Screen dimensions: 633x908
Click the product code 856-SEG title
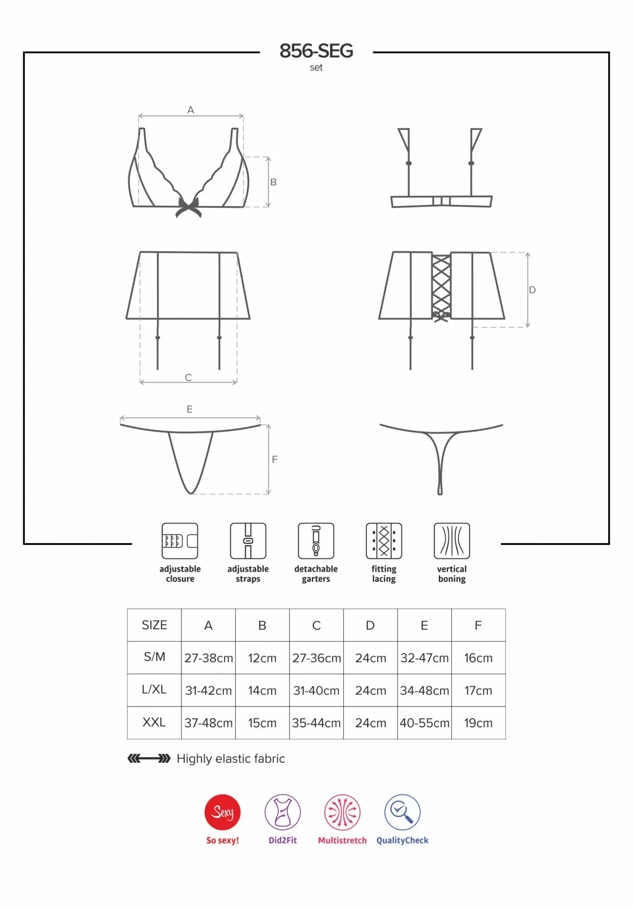pos(316,51)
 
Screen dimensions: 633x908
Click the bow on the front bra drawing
pos(189,207)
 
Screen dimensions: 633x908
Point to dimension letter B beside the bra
pos(274,182)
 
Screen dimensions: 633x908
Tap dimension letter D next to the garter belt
pos(532,290)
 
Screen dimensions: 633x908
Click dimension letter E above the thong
pos(190,409)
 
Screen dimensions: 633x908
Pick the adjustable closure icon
pos(180,541)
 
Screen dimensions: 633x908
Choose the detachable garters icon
pos(316,541)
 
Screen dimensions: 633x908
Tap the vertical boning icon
pos(452,541)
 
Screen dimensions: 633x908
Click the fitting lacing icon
pos(384,541)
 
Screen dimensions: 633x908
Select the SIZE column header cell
pos(154,625)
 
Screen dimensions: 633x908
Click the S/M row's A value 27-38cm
pos(208,658)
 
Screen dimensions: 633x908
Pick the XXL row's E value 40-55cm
pos(424,723)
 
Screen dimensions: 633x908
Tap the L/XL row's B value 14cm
pos(262,691)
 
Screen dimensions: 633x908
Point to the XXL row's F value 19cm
pos(478,723)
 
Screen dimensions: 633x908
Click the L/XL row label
pos(154,690)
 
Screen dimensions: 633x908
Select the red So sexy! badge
pos(222,812)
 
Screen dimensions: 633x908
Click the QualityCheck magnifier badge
pos(402,812)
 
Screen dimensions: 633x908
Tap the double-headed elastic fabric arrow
pos(149,758)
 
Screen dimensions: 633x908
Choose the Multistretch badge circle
pos(343,812)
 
